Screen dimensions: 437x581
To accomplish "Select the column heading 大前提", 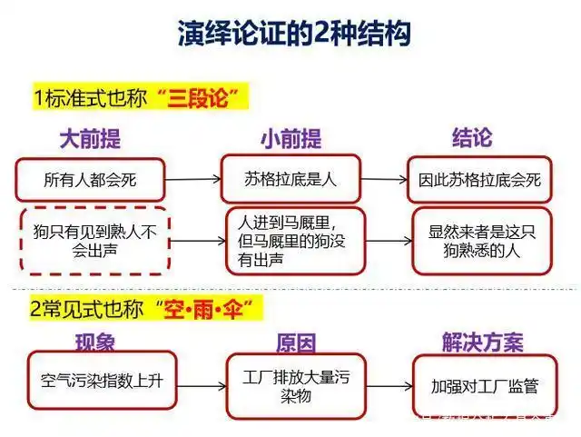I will (90, 139).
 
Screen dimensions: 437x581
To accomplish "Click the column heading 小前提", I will (290, 139).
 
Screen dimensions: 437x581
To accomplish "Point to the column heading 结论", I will (472, 138).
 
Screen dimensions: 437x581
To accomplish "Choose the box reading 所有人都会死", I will (91, 179).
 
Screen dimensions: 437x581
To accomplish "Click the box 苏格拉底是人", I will (290, 178).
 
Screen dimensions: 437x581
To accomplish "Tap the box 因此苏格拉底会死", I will (479, 179).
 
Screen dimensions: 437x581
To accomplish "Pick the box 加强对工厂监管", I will (485, 385).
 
